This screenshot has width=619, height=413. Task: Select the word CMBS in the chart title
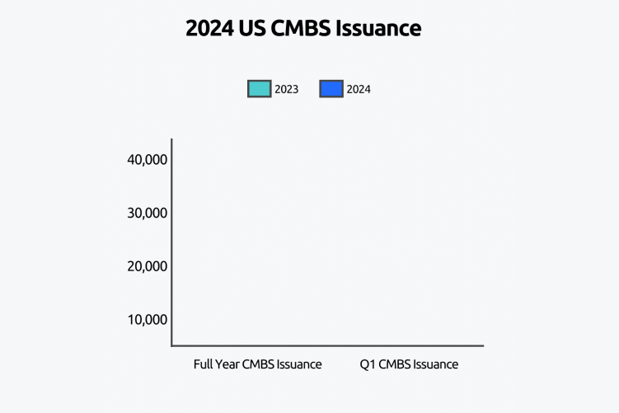click(307, 29)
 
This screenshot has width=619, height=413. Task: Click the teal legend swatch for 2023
click(259, 89)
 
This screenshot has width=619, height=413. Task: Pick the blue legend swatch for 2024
click(331, 89)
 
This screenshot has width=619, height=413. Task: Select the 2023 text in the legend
click(286, 89)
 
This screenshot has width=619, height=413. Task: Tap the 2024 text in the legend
click(359, 89)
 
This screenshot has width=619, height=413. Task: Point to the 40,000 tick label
click(148, 159)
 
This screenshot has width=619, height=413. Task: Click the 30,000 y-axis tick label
click(148, 213)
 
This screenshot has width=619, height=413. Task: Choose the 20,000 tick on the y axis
click(148, 266)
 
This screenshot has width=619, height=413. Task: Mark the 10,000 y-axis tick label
click(148, 320)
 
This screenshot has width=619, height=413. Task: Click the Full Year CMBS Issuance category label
click(257, 364)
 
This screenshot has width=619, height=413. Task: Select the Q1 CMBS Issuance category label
click(409, 364)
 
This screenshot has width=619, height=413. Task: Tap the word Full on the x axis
click(204, 364)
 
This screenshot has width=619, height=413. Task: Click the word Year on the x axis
click(228, 364)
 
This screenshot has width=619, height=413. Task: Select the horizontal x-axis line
click(330, 345)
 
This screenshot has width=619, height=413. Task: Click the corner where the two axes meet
click(171, 345)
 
